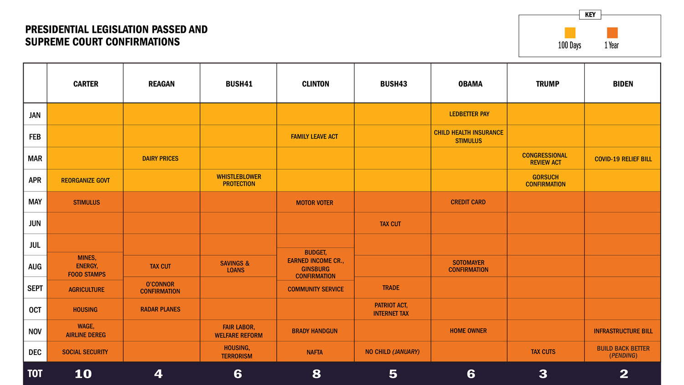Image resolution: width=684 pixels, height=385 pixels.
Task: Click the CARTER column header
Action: pos(86,84)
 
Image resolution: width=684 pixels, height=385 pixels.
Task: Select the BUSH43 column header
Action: pos(394,84)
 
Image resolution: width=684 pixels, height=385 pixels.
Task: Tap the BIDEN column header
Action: pos(623,84)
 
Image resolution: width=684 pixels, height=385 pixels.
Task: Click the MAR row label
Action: pos(35,159)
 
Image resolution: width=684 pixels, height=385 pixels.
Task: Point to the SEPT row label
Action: pos(35,288)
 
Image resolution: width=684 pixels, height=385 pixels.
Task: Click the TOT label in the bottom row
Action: pos(35,374)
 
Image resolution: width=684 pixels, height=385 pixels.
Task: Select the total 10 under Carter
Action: pos(83,374)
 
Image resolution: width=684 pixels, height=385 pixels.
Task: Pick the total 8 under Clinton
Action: pos(316,374)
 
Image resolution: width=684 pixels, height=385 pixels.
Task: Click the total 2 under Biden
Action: pos(624,374)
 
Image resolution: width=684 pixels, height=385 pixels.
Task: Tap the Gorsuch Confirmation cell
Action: pos(545,181)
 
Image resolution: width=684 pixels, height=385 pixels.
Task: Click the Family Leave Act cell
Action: pos(315,136)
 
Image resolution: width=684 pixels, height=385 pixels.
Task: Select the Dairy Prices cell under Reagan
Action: pos(160,159)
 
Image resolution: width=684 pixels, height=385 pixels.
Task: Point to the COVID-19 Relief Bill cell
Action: pos(623,159)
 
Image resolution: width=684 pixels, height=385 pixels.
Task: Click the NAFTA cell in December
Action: pos(315,352)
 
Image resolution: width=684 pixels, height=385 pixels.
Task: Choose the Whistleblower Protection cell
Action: pos(239,180)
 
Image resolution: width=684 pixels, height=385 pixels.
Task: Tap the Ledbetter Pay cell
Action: pos(469,114)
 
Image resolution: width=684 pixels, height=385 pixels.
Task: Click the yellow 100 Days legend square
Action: pos(570,33)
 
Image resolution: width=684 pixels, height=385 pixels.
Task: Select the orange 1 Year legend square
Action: pos(612,33)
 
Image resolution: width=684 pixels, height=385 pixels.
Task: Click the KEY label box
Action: pos(590,15)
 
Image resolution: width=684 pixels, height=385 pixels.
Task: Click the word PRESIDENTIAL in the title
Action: pos(57,30)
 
